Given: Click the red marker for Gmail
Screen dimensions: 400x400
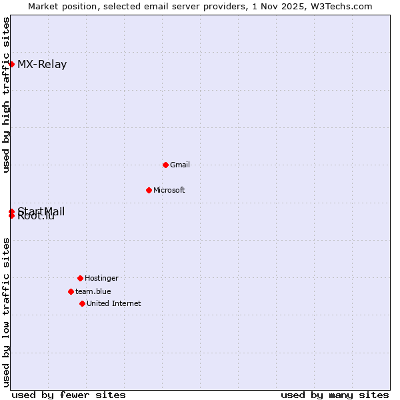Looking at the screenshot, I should (x=165, y=165).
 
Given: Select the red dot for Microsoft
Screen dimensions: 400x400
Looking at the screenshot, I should (x=149, y=190).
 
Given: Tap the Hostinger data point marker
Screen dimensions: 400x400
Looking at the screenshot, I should (x=80, y=278).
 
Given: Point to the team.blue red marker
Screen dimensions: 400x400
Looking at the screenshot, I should (x=71, y=291).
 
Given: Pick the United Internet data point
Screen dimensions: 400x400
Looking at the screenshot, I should (x=82, y=303).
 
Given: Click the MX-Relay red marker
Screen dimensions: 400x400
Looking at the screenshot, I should (x=11, y=64).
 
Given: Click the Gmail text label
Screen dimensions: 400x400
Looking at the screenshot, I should (x=180, y=165).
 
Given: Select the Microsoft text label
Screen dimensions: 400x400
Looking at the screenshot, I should (x=169, y=190).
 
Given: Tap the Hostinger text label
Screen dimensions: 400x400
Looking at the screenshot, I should (x=101, y=278).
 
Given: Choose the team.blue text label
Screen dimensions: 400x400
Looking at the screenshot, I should (x=93, y=291).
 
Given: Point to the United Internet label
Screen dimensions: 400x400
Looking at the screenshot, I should (x=114, y=303).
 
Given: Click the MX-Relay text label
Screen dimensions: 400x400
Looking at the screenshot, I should (x=42, y=65).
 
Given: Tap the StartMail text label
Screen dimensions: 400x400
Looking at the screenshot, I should (x=41, y=211).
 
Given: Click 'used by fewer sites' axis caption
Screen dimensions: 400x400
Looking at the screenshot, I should (x=69, y=395).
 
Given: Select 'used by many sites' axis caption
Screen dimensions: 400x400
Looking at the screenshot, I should (x=335, y=395).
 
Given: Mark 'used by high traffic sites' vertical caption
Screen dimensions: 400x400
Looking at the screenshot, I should (x=6, y=95).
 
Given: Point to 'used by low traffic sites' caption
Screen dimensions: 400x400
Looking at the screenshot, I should (x=6, y=312).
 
